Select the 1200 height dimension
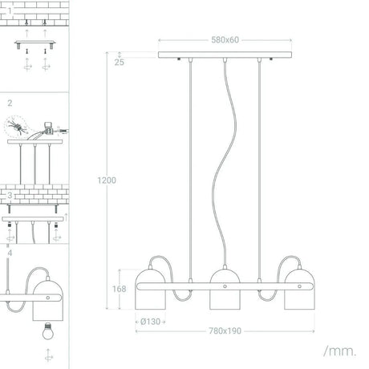click(x=107, y=180)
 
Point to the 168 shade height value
click(x=119, y=289)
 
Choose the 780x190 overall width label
click(x=225, y=330)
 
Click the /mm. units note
click(x=340, y=351)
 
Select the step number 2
click(x=10, y=103)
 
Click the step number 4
click(x=10, y=253)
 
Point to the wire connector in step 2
click(x=48, y=127)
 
